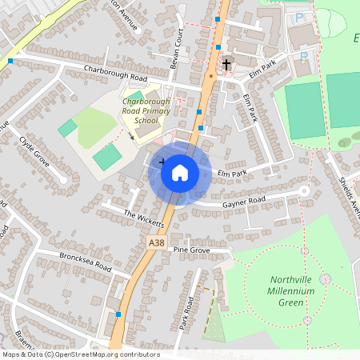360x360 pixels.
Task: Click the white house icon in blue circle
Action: [x=180, y=173]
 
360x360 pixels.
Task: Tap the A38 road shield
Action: [x=157, y=241]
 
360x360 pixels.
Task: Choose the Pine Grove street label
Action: [x=190, y=250]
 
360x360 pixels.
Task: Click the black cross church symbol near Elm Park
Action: [x=226, y=63]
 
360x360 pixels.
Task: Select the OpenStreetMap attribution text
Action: [x=80, y=354]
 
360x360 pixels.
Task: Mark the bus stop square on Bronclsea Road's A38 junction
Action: [x=118, y=314]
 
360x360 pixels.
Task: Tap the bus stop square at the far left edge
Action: [x=10, y=60]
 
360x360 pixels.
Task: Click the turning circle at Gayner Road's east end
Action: [x=304, y=191]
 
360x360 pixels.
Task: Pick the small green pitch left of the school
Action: [x=68, y=127]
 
